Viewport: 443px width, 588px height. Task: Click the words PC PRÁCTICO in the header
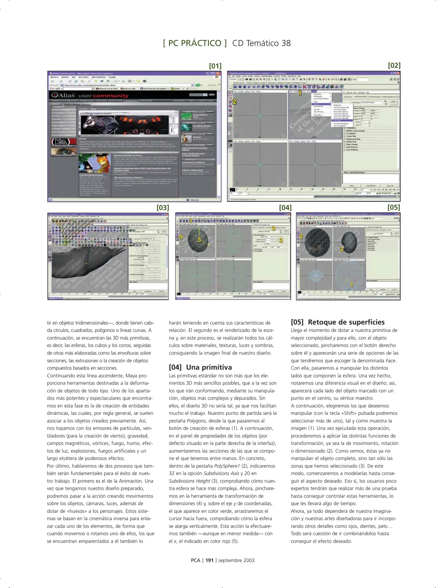[195, 43]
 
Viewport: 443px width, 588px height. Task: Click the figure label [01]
[215, 66]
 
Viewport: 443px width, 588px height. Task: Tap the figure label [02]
[394, 66]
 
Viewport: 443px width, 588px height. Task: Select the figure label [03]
[163, 208]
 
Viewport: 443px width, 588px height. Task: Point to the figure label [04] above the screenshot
[285, 208]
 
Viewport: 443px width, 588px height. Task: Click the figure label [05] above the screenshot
[394, 207]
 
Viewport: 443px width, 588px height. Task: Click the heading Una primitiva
[209, 367]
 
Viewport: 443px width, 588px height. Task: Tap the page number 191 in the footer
[209, 560]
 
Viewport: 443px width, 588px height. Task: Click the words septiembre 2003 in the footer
[236, 560]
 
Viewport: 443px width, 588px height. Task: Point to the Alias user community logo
[90, 96]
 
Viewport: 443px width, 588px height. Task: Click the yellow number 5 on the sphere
[199, 240]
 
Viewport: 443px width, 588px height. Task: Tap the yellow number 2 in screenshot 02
[234, 102]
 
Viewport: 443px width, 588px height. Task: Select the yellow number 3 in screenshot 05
[341, 249]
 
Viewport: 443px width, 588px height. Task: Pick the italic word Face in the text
[391, 361]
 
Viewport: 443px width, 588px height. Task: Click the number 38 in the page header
[286, 43]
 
